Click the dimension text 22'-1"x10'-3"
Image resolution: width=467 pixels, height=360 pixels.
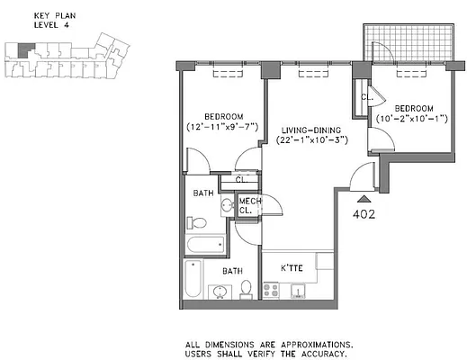coord(307,140)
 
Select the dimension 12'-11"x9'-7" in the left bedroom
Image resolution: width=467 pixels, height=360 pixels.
coord(222,128)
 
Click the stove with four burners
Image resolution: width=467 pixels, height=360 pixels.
coord(271,290)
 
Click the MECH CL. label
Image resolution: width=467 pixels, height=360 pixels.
coord(247,206)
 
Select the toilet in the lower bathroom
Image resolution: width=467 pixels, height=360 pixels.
coord(247,288)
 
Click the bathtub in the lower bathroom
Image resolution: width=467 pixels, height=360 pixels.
coord(190,279)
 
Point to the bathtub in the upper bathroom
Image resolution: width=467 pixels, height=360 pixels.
coord(204,244)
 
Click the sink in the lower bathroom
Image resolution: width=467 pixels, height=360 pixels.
coord(219,289)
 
